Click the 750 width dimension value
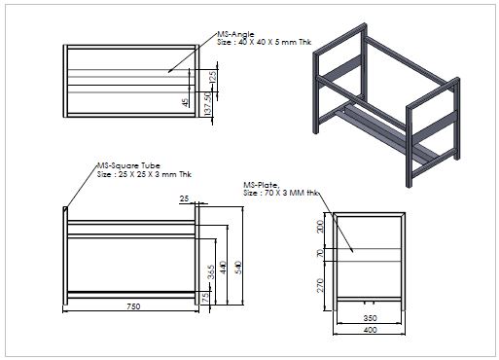pyautogui.click(x=133, y=306)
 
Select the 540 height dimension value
pyautogui.click(x=238, y=268)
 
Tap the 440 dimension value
pyautogui.click(x=223, y=268)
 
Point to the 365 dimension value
pyautogui.click(x=211, y=272)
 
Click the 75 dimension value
pyautogui.click(x=205, y=299)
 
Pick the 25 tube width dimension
pyautogui.click(x=184, y=198)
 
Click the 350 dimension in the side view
pyautogui.click(x=370, y=318)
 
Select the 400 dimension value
pyautogui.click(x=370, y=330)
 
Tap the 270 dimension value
pyautogui.click(x=320, y=285)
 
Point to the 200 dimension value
pyautogui.click(x=320, y=227)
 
